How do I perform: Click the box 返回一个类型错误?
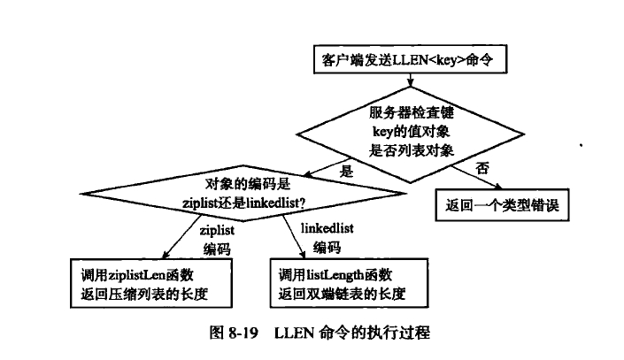click(502, 207)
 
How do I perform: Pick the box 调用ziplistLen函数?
click(150, 280)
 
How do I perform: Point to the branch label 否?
click(482, 167)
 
